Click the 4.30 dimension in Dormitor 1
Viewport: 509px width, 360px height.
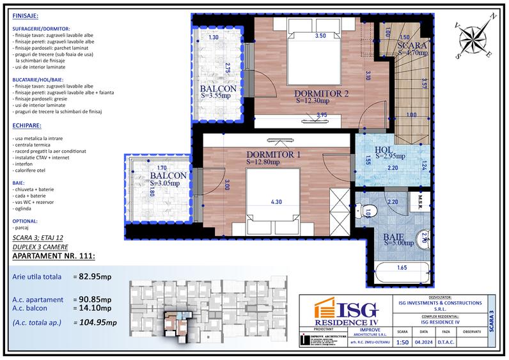click(x=276, y=203)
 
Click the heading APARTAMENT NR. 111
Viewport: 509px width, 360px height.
click(x=54, y=257)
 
